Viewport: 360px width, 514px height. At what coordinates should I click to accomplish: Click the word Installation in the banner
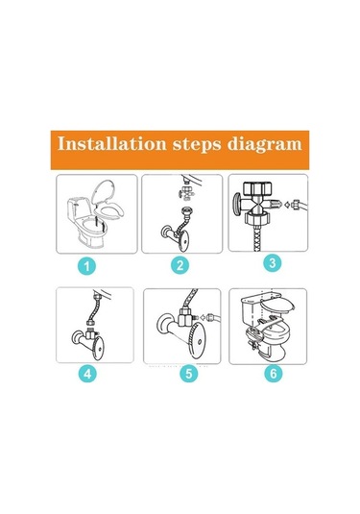(111, 143)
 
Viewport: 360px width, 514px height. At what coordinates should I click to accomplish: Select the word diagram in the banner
(264, 145)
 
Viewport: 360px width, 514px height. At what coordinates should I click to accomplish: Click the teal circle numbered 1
(86, 266)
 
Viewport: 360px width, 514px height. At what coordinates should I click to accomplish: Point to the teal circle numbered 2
(180, 265)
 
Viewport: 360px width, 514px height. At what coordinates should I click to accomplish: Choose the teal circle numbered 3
(273, 262)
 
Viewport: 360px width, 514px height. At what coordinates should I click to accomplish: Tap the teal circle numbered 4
(87, 374)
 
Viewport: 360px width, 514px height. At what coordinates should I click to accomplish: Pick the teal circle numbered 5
(189, 374)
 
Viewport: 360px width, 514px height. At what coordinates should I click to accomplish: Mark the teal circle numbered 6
(274, 373)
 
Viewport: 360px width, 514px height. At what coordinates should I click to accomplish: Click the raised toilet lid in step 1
(104, 192)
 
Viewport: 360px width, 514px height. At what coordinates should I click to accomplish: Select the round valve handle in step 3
(236, 205)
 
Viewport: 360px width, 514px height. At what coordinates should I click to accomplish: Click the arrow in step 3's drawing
(286, 205)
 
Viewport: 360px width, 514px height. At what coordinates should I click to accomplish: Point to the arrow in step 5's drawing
(203, 317)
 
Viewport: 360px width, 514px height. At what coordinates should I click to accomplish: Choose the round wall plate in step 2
(182, 240)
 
